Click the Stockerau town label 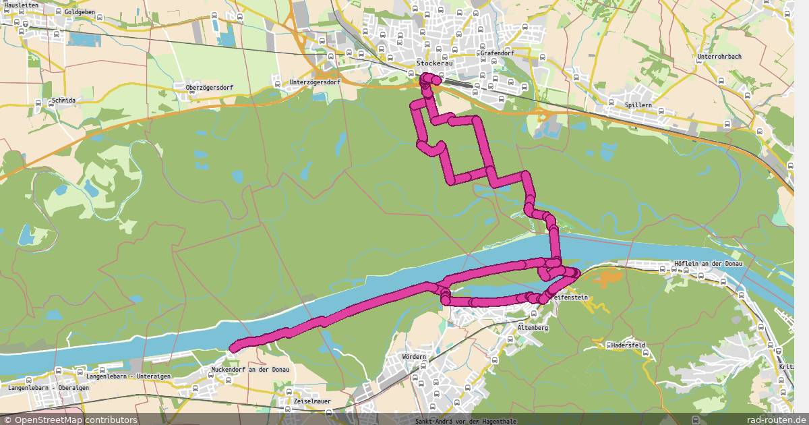[x=436, y=63]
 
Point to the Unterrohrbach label [x=719, y=57]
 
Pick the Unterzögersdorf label [x=314, y=82]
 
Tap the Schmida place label [x=63, y=101]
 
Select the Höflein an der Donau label [x=707, y=263]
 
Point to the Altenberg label [x=533, y=328]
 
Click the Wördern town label [x=413, y=356]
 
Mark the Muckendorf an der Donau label [x=250, y=370]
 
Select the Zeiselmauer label [x=312, y=401]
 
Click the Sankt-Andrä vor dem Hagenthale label [x=467, y=421]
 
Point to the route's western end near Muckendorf [x=233, y=348]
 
